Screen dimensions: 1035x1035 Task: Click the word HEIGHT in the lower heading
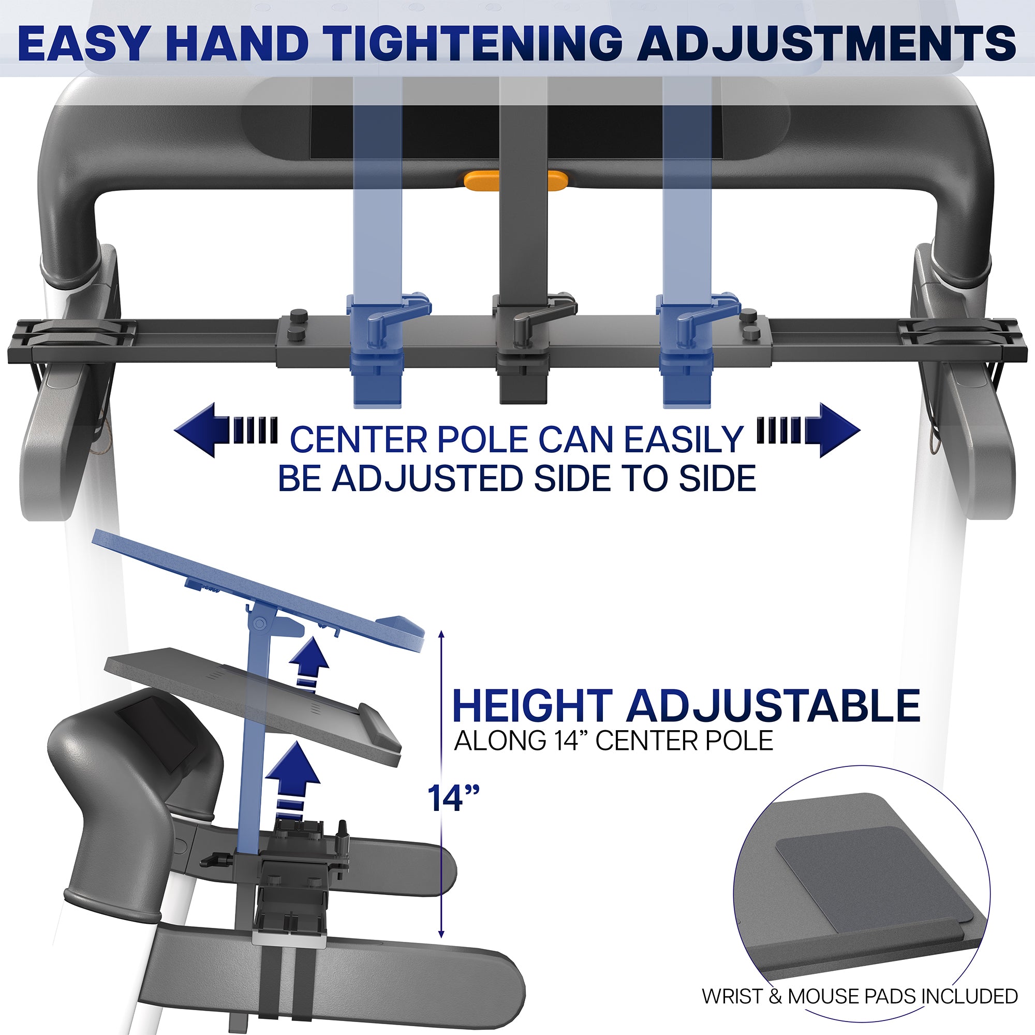(533, 706)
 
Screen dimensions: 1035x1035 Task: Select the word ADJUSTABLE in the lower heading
(774, 706)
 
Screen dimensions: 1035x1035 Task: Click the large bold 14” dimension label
(453, 799)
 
